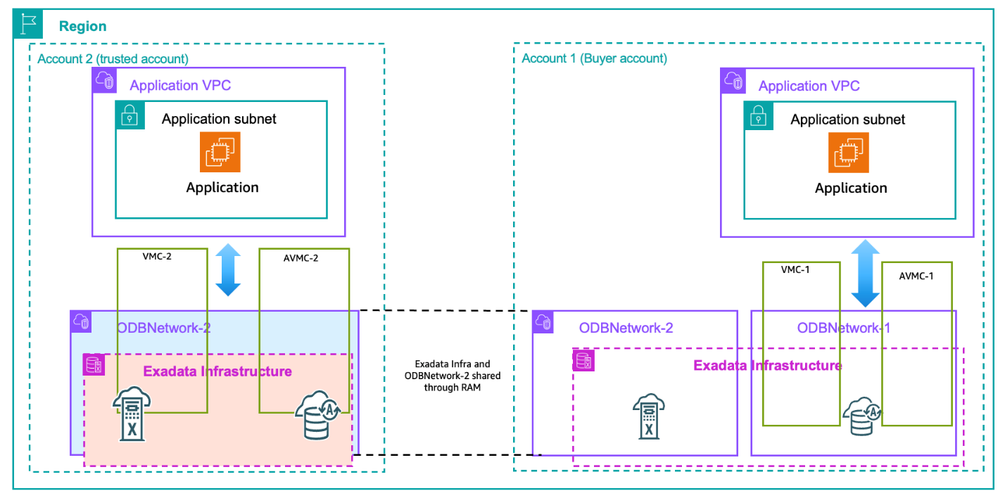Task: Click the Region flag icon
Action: (x=28, y=25)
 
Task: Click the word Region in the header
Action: (x=82, y=27)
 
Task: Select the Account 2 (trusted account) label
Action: (x=113, y=59)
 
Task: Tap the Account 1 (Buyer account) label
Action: (x=594, y=58)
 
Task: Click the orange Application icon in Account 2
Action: (x=220, y=152)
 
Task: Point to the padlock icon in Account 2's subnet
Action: (x=130, y=115)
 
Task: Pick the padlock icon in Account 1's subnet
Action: (x=759, y=115)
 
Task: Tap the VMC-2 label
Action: (x=157, y=257)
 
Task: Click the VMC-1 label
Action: (x=795, y=269)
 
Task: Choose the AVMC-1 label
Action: (x=916, y=276)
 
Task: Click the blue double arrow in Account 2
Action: (x=228, y=270)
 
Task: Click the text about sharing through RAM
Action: (x=453, y=376)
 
